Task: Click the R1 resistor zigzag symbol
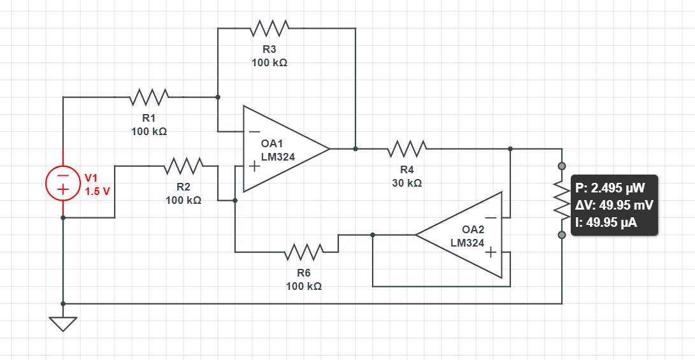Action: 149,97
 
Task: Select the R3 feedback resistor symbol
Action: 270,28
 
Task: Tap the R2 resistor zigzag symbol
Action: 184,166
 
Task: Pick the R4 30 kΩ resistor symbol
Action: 407,148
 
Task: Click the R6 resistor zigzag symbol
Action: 304,252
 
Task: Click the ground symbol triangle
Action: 63,324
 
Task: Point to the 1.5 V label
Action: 97,192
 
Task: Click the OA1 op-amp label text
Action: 272,144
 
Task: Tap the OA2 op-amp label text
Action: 473,229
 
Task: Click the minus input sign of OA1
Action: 254,131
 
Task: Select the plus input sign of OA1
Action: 254,166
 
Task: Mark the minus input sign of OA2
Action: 491,218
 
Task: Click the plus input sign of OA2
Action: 491,252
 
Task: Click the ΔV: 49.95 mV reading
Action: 614,205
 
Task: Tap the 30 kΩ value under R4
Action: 407,183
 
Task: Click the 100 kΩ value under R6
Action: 304,286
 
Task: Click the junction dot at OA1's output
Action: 355,149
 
